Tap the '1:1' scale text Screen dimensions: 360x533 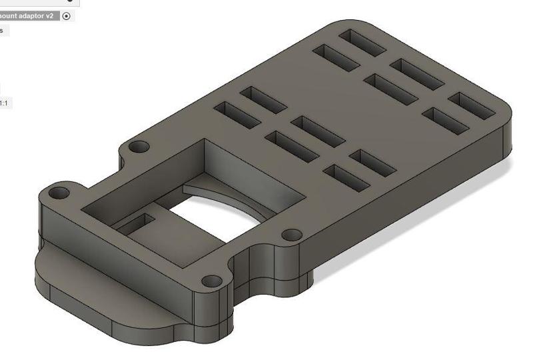(4, 103)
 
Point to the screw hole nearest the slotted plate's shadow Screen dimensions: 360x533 (290, 235)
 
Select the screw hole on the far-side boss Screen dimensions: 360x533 (139, 146)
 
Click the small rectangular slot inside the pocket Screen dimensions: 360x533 (139, 223)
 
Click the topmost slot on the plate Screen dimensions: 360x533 (363, 41)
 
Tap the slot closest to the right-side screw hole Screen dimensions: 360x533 (346, 175)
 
